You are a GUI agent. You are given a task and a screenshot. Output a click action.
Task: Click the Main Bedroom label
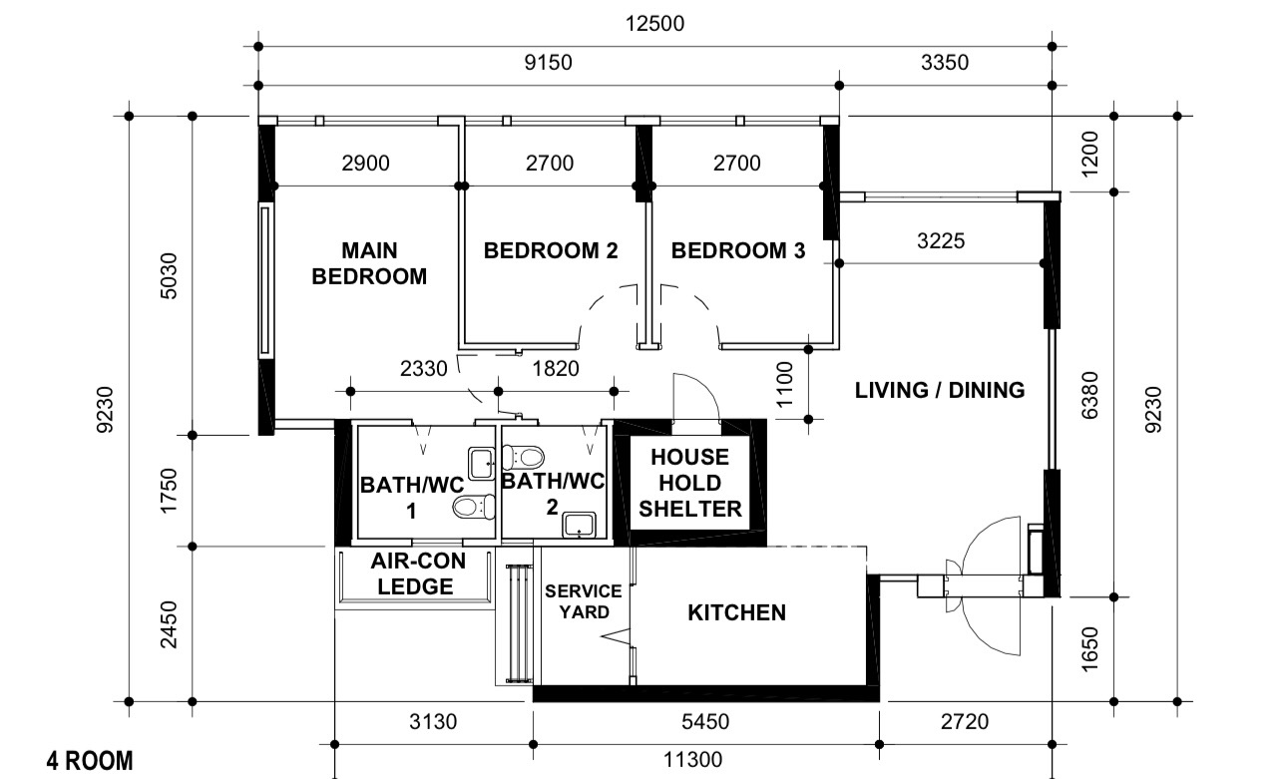(x=369, y=263)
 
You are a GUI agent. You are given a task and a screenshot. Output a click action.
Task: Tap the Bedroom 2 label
(x=551, y=250)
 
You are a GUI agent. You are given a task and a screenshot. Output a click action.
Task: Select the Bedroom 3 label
(x=737, y=250)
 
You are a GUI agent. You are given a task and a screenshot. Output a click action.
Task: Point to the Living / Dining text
(x=940, y=390)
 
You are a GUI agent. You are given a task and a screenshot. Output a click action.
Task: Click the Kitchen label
(x=736, y=612)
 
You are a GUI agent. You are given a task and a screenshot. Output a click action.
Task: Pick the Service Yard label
(x=583, y=601)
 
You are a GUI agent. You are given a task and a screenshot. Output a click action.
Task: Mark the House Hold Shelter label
(x=690, y=483)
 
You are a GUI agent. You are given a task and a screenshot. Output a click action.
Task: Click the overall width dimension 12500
(x=654, y=24)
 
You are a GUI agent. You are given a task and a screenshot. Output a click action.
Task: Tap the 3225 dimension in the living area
(x=940, y=240)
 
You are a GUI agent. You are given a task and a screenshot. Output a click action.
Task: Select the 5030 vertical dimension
(x=169, y=276)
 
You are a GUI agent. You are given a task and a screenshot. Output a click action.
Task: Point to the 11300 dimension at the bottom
(x=692, y=761)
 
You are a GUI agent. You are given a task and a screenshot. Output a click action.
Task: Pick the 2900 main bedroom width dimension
(x=365, y=164)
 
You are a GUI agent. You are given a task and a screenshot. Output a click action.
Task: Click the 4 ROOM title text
(x=90, y=762)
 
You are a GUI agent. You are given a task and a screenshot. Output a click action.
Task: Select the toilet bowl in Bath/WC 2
(x=524, y=458)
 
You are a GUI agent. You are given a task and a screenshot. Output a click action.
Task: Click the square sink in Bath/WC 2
(x=579, y=525)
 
